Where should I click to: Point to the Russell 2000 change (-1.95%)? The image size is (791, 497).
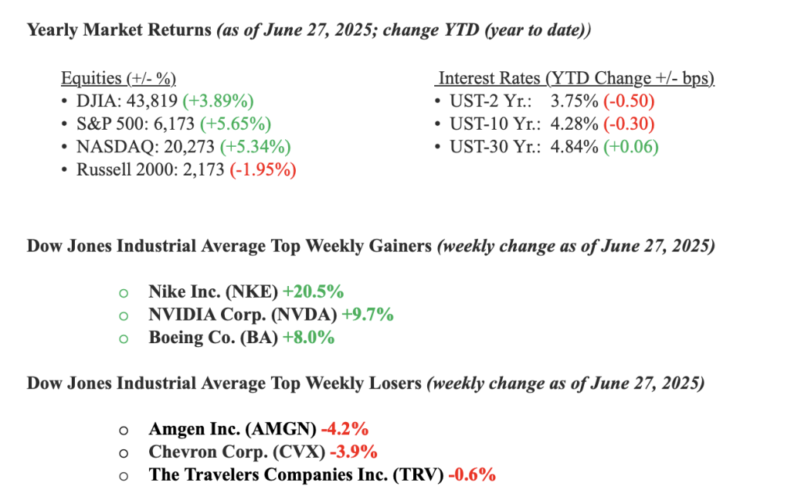(263, 170)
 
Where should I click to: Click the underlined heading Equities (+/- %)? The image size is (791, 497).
(118, 78)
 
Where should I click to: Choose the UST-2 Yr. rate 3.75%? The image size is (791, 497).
(574, 101)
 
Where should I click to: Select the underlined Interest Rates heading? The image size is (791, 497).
(575, 78)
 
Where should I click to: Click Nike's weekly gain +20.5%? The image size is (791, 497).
(313, 291)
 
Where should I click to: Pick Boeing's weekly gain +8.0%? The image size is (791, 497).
(309, 338)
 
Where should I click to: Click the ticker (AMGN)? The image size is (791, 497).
(278, 428)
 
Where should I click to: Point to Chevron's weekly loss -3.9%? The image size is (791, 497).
(351, 451)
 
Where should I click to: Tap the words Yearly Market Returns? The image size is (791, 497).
(118, 31)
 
